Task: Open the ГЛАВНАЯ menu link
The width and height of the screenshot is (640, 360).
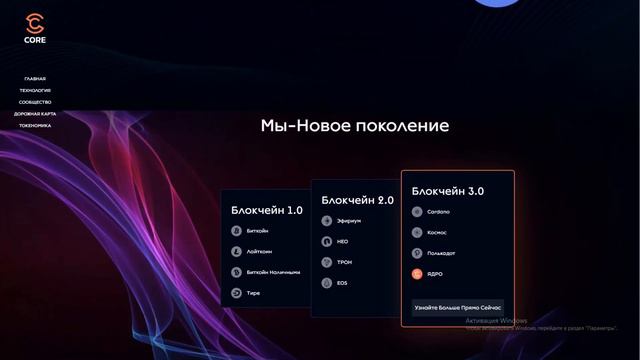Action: coord(35,79)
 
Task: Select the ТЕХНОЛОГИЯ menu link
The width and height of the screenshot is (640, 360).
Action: coord(35,90)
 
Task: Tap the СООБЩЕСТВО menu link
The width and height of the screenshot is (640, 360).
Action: coord(35,102)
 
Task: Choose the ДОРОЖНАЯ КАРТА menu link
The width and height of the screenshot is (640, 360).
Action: coord(35,114)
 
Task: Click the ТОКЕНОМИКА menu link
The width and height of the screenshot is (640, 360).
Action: coord(35,126)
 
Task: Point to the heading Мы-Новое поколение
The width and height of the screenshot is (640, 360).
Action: coord(355,126)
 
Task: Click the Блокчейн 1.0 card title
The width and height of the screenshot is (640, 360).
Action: coord(266,210)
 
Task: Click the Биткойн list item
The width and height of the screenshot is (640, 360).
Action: coord(257,231)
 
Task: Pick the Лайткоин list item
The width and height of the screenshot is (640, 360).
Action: coord(259,251)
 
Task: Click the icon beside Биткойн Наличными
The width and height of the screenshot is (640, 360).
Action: coord(237,272)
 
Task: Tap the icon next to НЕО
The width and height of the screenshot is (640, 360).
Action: coord(327,241)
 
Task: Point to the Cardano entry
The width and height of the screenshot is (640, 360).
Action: coord(437,211)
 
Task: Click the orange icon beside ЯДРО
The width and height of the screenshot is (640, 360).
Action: coord(417,273)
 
